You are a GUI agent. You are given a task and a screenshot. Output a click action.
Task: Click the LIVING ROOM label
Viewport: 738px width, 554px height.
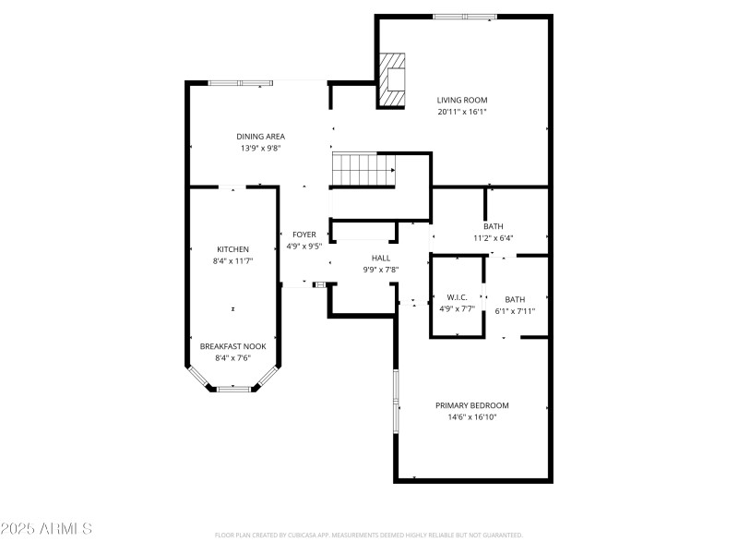[462, 100]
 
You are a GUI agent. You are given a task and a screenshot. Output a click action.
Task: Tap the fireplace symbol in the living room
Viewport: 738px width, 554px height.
[392, 81]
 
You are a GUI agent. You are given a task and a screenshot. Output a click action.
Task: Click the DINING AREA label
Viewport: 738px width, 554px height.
[261, 137]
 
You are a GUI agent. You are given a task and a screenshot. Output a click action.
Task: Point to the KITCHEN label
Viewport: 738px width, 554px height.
[232, 249]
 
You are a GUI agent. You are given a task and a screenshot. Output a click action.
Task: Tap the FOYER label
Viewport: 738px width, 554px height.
[304, 235]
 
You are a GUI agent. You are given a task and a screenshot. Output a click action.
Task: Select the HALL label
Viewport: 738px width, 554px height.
[381, 259]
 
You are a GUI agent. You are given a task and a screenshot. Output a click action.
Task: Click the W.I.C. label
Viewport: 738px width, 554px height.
[458, 297]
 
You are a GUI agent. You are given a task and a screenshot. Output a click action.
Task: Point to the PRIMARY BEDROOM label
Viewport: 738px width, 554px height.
[472, 405]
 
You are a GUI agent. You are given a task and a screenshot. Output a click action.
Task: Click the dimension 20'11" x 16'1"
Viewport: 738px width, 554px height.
[462, 112]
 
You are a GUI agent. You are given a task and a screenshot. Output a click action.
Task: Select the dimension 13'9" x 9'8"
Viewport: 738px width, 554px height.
[261, 148]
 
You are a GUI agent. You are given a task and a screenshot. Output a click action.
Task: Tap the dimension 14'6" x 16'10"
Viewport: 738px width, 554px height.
[472, 417]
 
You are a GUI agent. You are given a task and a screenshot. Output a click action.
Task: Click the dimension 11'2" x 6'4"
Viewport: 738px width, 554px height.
[494, 238]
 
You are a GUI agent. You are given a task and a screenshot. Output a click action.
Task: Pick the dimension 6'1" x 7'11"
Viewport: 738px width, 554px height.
[515, 311]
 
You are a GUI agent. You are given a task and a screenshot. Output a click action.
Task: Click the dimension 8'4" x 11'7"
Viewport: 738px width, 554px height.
[232, 261]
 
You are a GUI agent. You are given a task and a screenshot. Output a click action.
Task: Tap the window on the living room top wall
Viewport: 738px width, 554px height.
[465, 16]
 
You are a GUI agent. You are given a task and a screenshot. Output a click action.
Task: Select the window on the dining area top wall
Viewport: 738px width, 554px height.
[240, 83]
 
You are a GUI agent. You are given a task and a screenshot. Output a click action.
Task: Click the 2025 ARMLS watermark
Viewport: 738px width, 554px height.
[46, 529]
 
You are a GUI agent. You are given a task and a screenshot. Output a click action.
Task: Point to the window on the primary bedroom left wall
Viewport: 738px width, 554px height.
[396, 403]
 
